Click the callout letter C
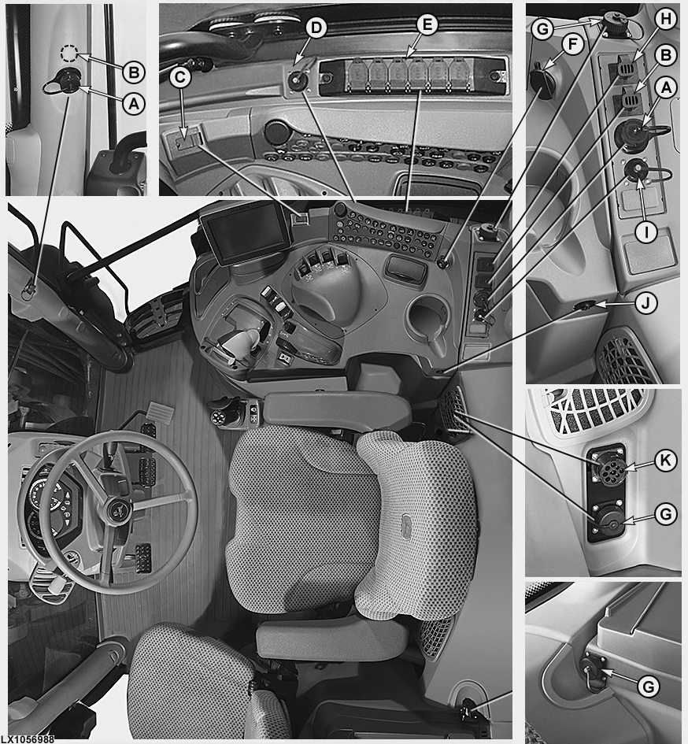point(180,77)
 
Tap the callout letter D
point(316,28)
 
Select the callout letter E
point(427,24)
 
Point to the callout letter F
point(573,45)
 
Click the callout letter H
point(666,19)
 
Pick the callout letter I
point(645,232)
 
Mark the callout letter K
point(666,461)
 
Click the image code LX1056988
point(28,739)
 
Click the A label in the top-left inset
point(133,103)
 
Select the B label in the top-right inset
point(666,56)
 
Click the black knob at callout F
point(542,82)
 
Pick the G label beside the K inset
point(666,514)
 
